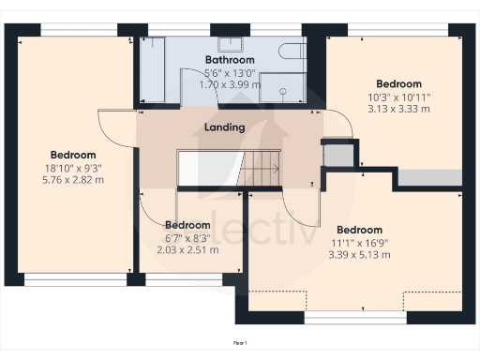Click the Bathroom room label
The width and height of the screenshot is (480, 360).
point(225,60)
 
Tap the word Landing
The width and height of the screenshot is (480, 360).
point(224,127)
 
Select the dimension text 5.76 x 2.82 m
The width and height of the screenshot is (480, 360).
point(73,179)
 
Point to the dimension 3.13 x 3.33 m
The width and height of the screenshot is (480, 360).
point(399,109)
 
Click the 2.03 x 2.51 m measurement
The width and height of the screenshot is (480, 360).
point(187,249)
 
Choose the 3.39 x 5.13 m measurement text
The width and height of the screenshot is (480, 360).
point(359,254)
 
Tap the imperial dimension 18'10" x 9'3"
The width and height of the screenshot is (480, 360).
point(73,167)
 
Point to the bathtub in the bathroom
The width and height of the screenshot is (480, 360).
point(153,71)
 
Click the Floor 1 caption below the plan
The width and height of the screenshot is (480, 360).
point(240,344)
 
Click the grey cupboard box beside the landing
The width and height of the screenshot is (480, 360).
point(337,152)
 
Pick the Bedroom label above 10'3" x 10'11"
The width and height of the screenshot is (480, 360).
point(398,83)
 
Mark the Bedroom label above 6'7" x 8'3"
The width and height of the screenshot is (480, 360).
point(187,225)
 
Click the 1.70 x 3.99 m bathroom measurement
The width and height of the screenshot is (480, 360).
point(225,84)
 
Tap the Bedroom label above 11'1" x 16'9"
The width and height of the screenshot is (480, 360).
point(359,230)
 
